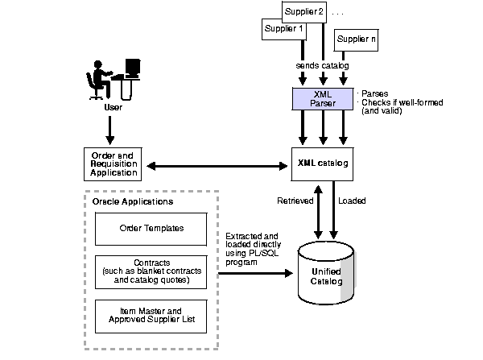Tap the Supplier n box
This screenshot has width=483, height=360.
[356, 39]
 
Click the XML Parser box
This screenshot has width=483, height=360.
[323, 99]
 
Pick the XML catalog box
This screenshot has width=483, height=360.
[323, 164]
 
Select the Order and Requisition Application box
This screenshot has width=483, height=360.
[112, 163]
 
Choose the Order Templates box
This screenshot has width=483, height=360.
[151, 228]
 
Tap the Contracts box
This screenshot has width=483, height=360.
[151, 271]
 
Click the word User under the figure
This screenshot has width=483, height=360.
[112, 106]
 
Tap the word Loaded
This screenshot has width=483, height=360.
[351, 201]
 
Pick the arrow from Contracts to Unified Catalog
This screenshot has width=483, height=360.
[254, 273]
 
